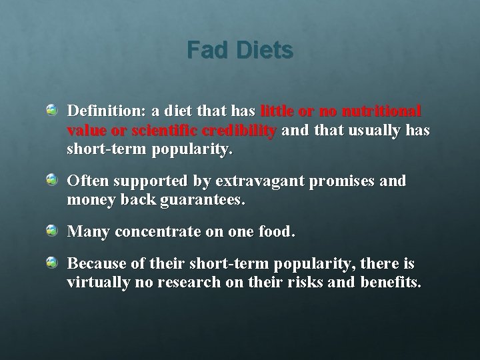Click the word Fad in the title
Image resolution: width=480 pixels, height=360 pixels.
[x=205, y=50]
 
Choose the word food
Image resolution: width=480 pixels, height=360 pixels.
[x=277, y=233]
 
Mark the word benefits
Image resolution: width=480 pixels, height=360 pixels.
[x=390, y=283]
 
